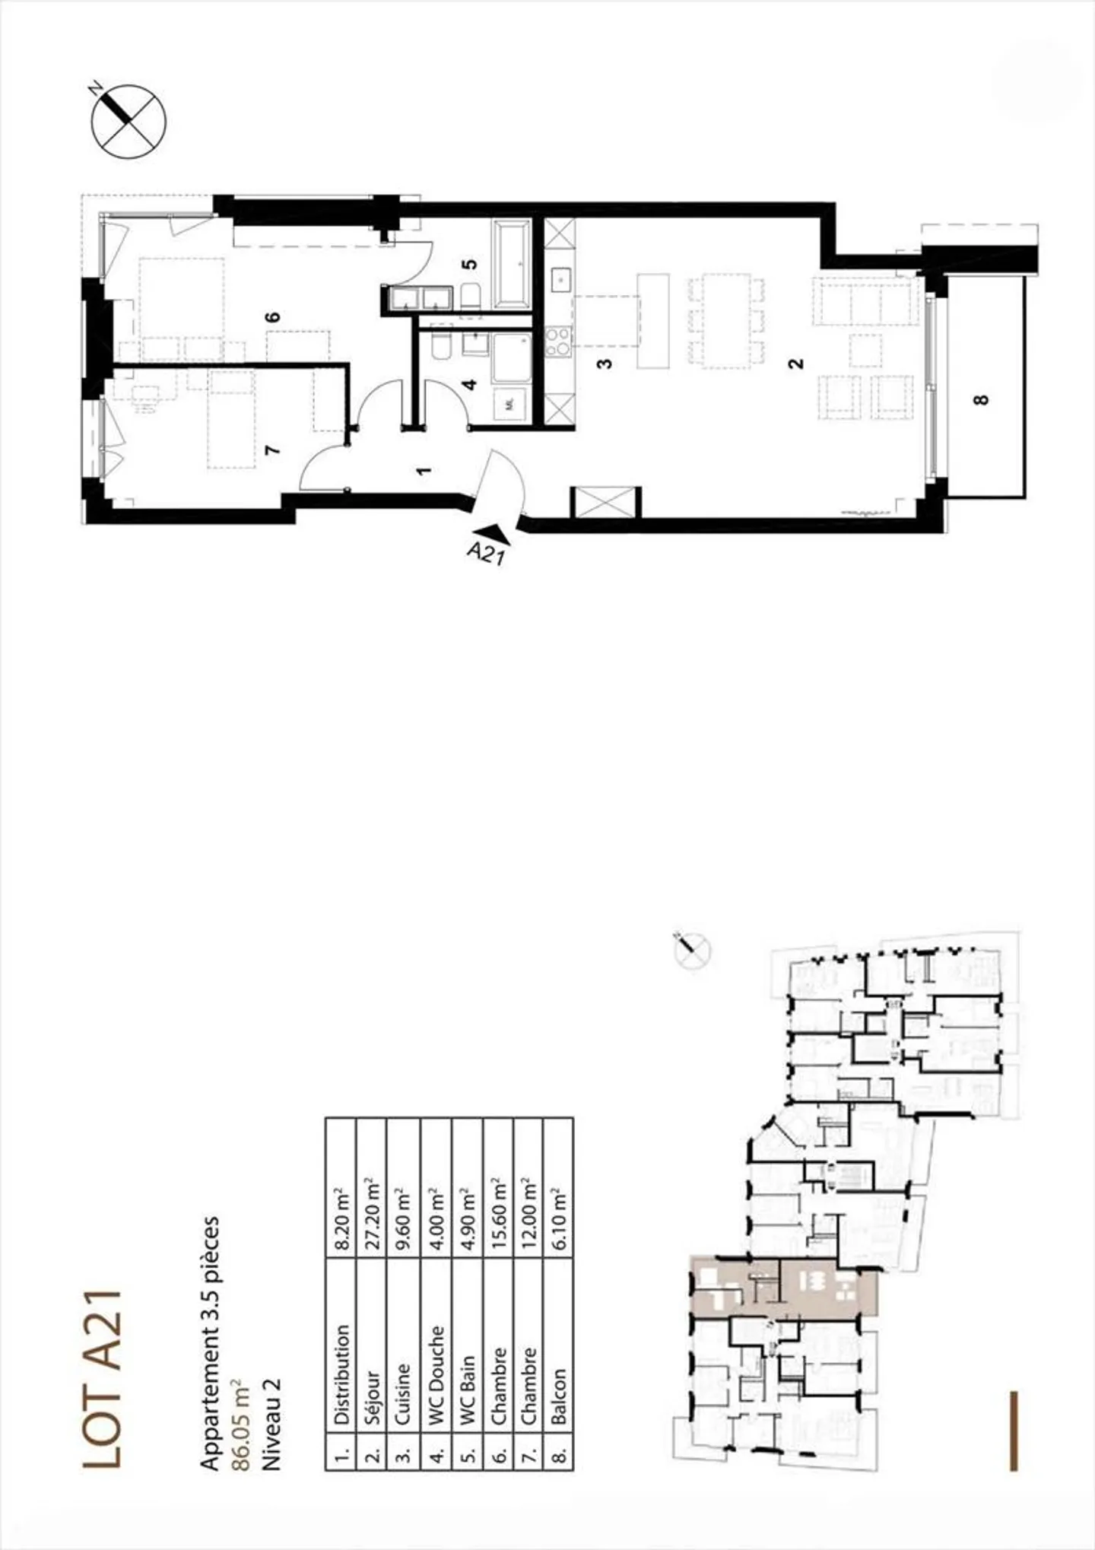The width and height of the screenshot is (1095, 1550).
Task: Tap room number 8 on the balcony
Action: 982,398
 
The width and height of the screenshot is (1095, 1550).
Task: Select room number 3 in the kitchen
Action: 605,363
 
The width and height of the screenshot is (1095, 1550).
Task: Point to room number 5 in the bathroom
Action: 471,264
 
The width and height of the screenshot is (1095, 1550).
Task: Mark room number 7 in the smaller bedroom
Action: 272,449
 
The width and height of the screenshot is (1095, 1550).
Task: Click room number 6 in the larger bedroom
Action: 274,316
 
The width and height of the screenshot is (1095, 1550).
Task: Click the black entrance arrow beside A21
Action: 492,534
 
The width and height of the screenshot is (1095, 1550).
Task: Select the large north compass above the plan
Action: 128,122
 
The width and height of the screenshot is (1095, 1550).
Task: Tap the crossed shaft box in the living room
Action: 605,502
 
